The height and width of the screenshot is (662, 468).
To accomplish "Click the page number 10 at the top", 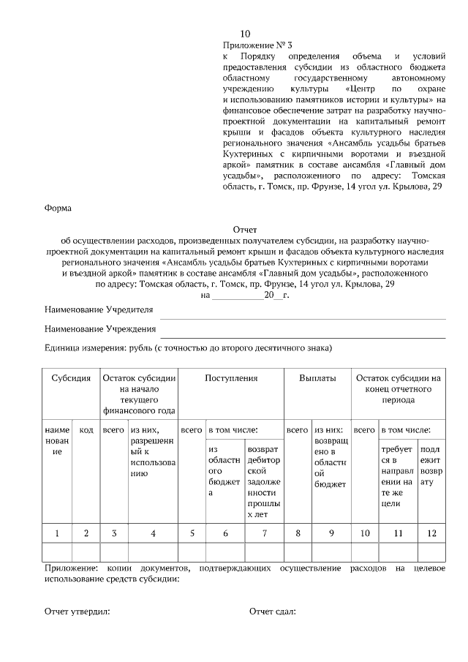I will (245, 34).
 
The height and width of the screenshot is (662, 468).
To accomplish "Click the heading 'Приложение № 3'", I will (257, 45).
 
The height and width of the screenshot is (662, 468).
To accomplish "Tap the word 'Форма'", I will (58, 208).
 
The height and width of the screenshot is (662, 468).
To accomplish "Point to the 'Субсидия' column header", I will (71, 379).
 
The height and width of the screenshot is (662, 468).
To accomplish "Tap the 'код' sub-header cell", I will (86, 430).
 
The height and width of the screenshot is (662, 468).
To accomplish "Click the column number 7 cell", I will (264, 533).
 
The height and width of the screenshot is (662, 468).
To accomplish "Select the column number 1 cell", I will (58, 533).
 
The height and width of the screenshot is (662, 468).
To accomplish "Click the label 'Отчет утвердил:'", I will (77, 612).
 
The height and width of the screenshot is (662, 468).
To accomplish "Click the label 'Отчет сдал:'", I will (272, 612).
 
